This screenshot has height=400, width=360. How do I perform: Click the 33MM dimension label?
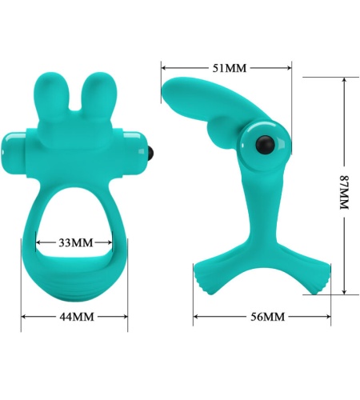pyautogui.click(x=76, y=242)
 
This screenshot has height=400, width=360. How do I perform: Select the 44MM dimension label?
pyautogui.click(x=77, y=317)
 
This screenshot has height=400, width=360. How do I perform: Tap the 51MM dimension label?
pyautogui.click(x=230, y=68)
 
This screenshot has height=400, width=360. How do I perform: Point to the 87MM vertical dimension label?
pyautogui.click(x=345, y=192)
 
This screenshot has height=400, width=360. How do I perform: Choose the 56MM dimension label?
pyautogui.click(x=267, y=317)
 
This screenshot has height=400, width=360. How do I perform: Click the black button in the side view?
pyautogui.click(x=265, y=144)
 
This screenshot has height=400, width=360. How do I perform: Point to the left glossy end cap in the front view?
pyautogui.click(x=14, y=153)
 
